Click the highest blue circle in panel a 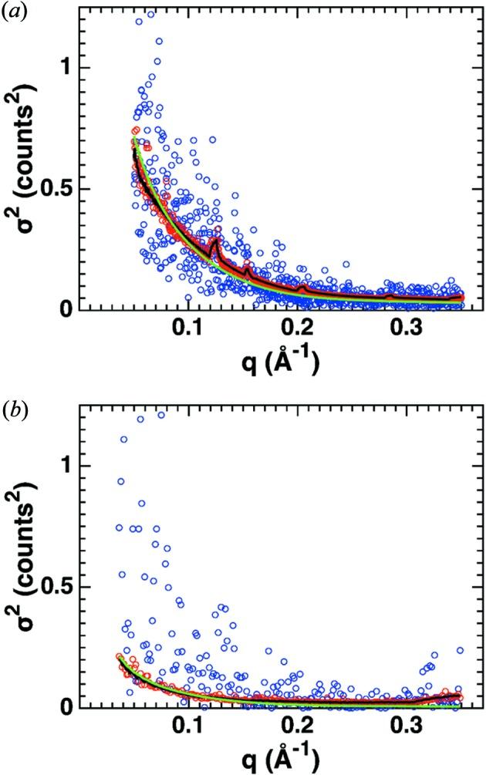(x=151, y=14)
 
